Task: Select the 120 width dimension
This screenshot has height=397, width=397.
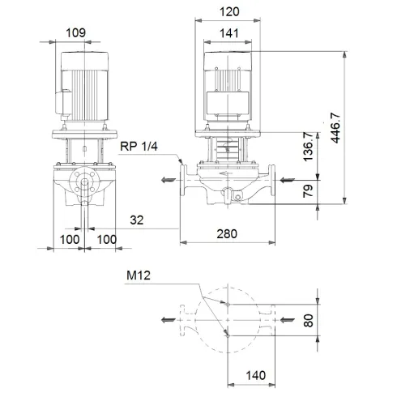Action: tap(229, 14)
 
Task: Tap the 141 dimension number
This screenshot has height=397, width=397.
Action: tap(229, 34)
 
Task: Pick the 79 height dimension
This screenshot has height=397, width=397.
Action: tap(307, 192)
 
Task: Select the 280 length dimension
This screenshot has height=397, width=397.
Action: tap(228, 234)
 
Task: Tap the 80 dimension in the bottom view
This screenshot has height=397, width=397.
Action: tap(307, 320)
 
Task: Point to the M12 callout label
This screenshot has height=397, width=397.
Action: tap(139, 275)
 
